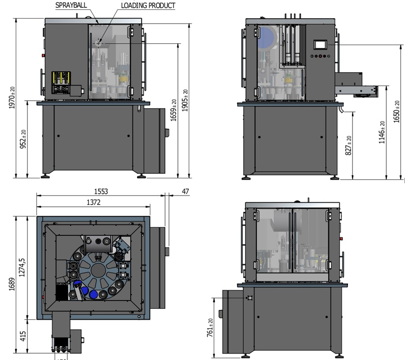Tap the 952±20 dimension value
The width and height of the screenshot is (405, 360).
click(x=23, y=139)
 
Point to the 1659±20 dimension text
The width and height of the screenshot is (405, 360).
click(x=173, y=111)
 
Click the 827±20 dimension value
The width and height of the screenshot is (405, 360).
click(x=348, y=146)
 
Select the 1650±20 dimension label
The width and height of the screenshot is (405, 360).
click(x=397, y=111)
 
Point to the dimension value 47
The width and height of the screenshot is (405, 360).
click(x=185, y=191)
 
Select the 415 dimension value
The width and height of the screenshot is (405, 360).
click(x=23, y=335)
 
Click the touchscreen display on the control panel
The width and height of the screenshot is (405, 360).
click(x=320, y=44)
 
